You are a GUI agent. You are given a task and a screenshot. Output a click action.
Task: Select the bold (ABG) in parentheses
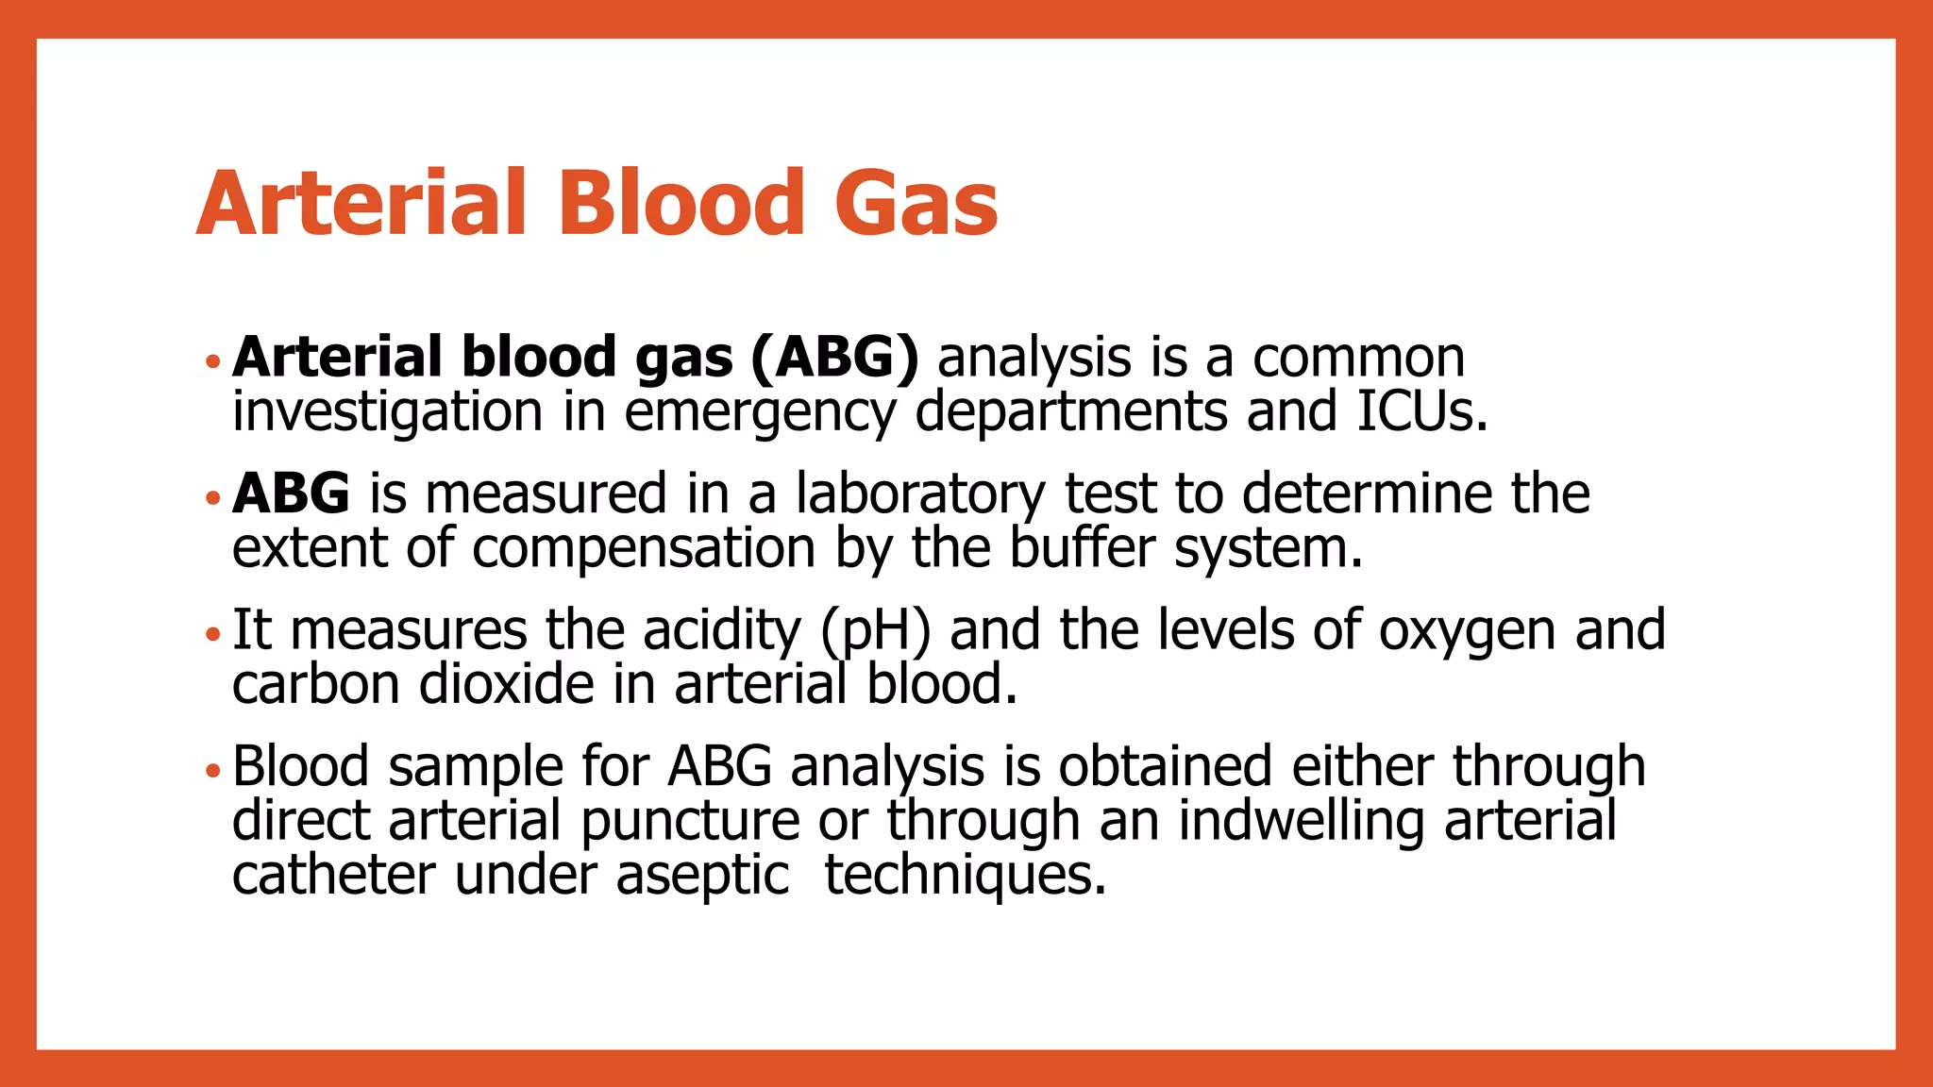[834, 359]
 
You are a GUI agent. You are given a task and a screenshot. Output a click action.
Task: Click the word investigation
[387, 413]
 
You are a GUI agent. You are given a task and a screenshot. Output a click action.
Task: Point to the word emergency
[760, 413]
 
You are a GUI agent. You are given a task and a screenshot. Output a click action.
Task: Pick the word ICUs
[1421, 411]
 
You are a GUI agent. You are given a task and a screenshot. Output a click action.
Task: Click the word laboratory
[920, 494]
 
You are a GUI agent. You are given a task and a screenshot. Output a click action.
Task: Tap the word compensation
[644, 548]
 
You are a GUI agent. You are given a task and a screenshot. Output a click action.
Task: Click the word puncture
[690, 821]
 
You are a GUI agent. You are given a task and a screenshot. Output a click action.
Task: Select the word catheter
[333, 876]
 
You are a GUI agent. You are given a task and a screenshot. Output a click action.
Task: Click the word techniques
[965, 876]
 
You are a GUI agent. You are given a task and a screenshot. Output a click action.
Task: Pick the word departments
[1072, 413]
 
